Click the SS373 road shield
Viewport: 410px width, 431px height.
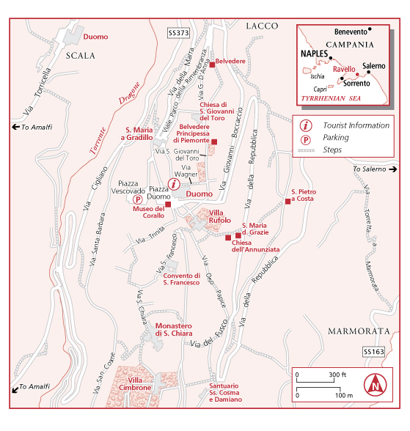point(179,33)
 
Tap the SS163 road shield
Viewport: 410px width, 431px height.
point(374,352)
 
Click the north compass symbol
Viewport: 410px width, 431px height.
point(375,385)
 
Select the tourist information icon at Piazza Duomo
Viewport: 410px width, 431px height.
point(174,184)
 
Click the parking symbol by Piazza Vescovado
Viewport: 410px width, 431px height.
point(137,199)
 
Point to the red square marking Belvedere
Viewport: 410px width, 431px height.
point(212,65)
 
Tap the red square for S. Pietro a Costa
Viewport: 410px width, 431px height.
point(288,202)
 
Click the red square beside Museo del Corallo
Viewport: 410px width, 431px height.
point(168,205)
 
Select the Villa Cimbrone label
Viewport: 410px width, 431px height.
point(135,384)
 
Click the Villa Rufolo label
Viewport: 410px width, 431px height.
point(220,217)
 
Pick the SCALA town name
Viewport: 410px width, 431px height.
point(80,56)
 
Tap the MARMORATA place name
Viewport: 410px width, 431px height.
point(359,331)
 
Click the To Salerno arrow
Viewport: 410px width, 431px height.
point(394,169)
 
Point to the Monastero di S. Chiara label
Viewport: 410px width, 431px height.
point(174,330)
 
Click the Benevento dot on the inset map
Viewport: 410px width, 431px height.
point(370,29)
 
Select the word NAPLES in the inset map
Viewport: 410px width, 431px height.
point(315,54)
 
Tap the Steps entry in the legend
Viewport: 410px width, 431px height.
point(332,150)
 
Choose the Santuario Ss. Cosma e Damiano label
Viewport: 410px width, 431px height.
point(225,393)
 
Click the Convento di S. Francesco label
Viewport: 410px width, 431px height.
point(181,279)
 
